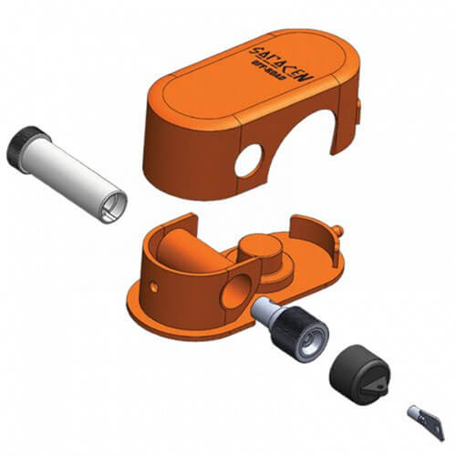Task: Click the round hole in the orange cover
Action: coord(247,161)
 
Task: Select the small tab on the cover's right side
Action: coord(358,110)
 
